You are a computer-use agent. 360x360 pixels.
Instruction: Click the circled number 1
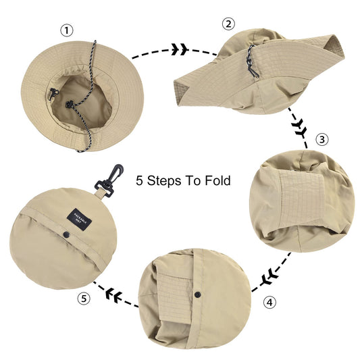coord(66,30)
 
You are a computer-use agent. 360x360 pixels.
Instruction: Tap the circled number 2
coord(228,24)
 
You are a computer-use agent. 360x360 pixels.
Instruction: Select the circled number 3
coord(322,140)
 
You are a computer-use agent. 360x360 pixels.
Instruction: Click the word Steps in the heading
coord(168,181)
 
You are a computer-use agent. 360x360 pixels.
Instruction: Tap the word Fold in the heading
coord(218,181)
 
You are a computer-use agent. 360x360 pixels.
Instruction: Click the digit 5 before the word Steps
coord(140,181)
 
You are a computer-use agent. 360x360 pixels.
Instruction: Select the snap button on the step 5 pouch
coord(67,235)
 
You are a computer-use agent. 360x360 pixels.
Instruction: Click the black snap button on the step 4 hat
coord(198,297)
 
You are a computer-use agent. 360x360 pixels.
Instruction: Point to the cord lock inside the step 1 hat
coord(68,105)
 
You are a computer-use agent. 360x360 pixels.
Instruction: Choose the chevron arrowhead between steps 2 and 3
coord(299,127)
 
